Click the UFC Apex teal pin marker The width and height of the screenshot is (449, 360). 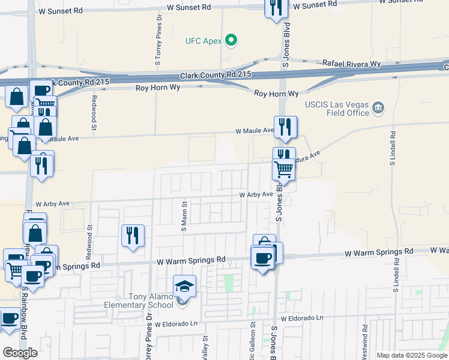point(231,41)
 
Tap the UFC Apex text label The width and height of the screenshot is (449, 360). point(203,41)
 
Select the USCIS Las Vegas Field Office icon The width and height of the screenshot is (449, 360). point(378,108)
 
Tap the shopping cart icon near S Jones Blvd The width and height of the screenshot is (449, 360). point(283,169)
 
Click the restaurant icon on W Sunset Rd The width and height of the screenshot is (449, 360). point(277,7)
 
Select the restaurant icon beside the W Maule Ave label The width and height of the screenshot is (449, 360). point(286,127)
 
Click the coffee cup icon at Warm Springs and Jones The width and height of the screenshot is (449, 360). point(262,258)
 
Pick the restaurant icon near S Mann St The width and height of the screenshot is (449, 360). point(133,235)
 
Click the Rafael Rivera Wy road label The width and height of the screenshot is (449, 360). point(351,63)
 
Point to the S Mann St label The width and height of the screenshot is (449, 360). point(184,217)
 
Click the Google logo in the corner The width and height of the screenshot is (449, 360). point(20,353)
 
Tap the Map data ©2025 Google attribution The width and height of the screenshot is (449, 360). point(411,355)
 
